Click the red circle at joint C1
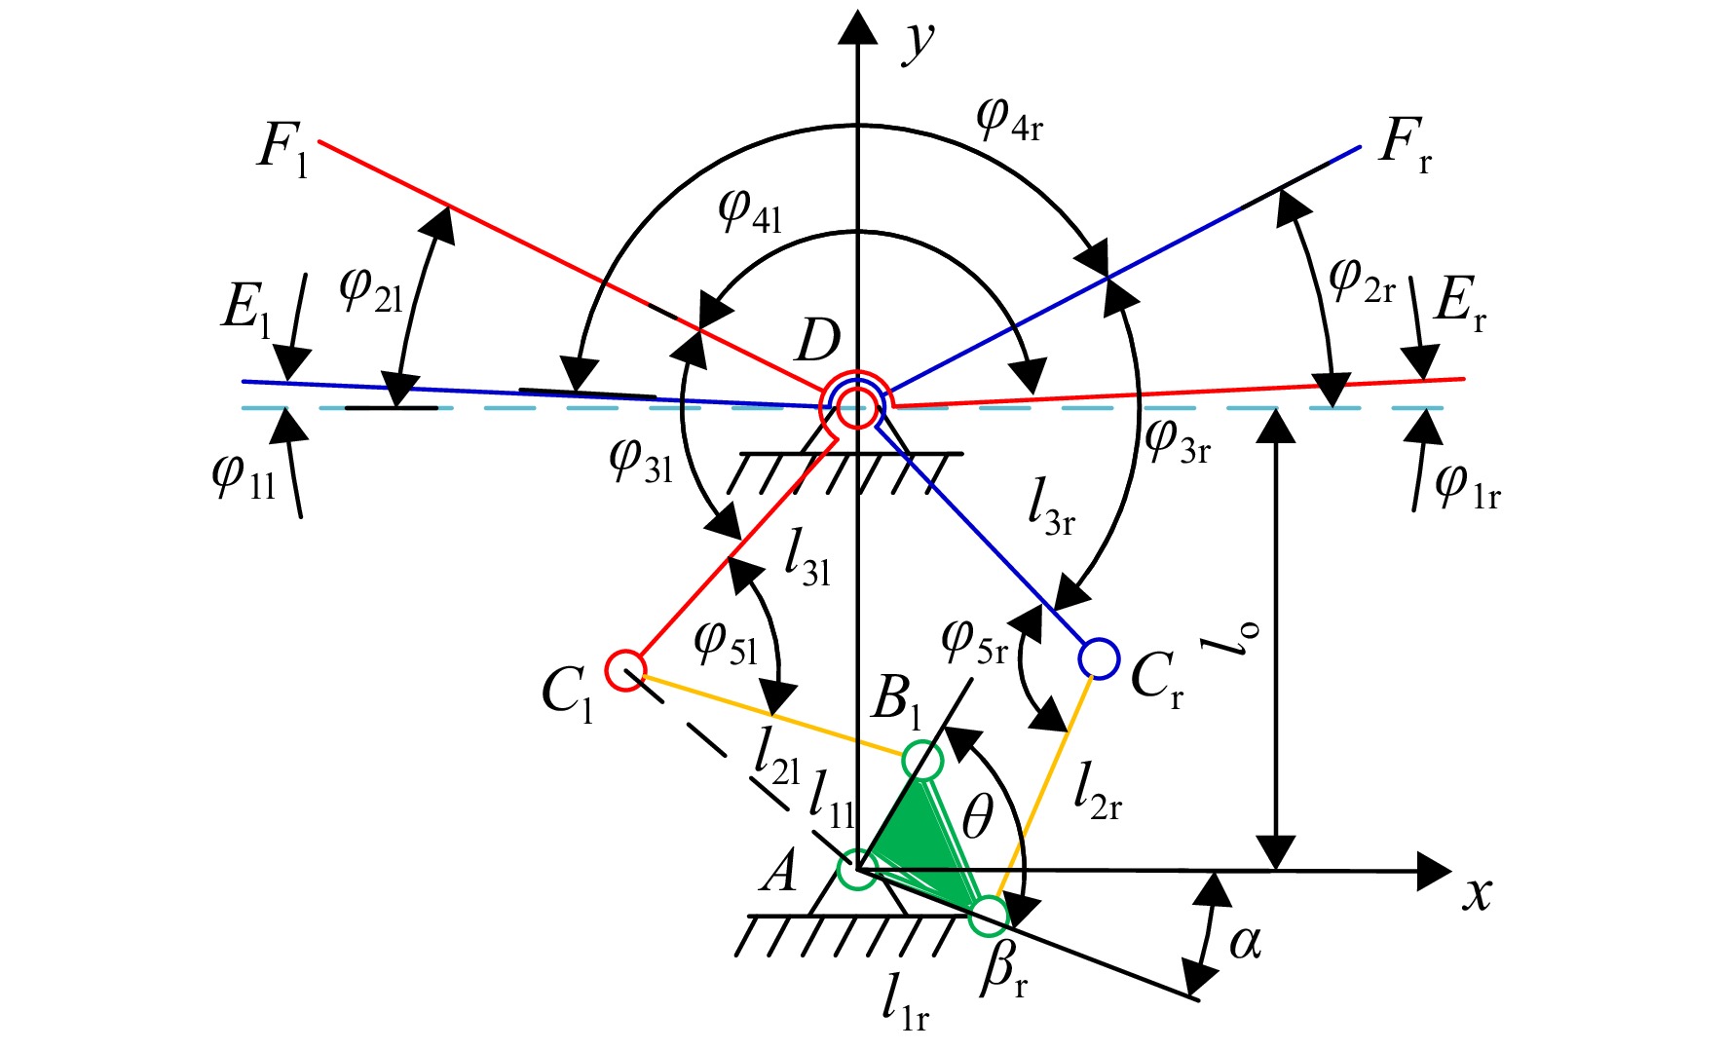(624, 670)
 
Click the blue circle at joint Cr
(1099, 658)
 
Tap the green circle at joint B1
(922, 761)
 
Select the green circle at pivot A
(857, 870)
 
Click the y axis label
(918, 41)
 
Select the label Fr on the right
(1406, 144)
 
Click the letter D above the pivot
(817, 341)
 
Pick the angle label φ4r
(1009, 119)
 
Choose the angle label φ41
(750, 209)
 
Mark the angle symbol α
(1245, 942)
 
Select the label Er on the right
(1460, 302)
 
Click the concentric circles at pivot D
(857, 404)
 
